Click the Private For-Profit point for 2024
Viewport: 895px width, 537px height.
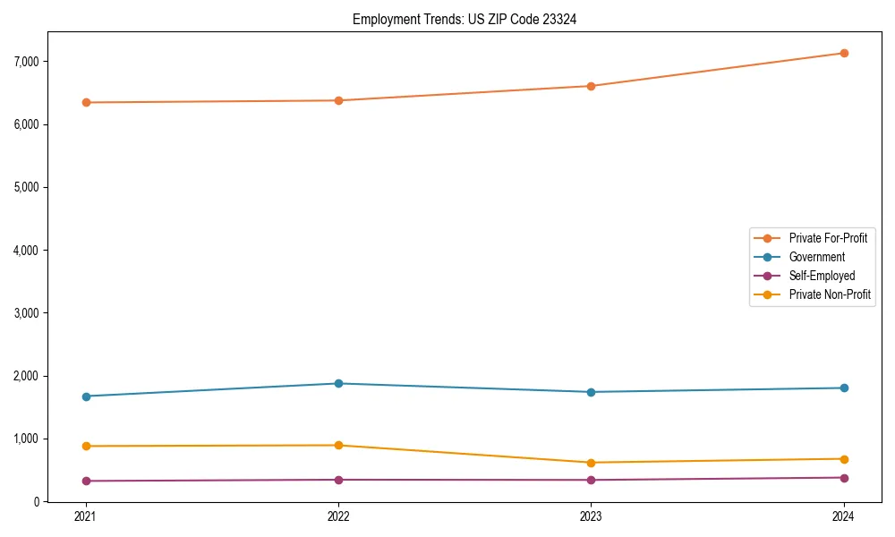pyautogui.click(x=844, y=53)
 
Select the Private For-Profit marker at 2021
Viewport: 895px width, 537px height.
pyautogui.click(x=86, y=102)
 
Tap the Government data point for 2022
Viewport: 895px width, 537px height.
pyautogui.click(x=338, y=383)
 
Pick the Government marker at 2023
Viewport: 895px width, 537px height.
pyautogui.click(x=591, y=392)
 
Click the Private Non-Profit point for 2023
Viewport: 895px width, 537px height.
pyautogui.click(x=591, y=463)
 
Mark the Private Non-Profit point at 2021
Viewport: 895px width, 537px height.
pyautogui.click(x=86, y=446)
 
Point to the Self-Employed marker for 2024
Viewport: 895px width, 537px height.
pyautogui.click(x=844, y=477)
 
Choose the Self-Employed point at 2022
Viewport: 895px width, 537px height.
pyautogui.click(x=338, y=480)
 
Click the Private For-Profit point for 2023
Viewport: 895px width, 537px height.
pyautogui.click(x=591, y=86)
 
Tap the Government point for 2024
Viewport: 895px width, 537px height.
pyautogui.click(x=844, y=388)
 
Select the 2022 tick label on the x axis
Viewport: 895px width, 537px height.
pyautogui.click(x=338, y=516)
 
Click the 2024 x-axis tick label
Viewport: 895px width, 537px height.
pyautogui.click(x=844, y=516)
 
